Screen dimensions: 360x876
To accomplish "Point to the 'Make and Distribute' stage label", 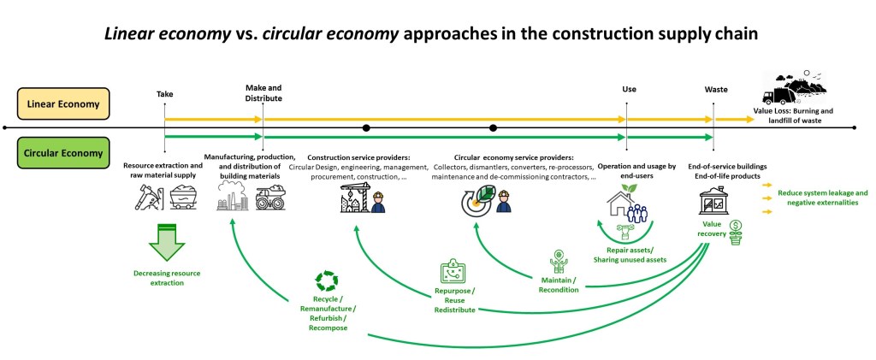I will (263, 92).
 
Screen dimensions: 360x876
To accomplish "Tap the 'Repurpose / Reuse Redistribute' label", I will (453, 299).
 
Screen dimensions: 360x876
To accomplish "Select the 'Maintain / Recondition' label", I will (559, 284).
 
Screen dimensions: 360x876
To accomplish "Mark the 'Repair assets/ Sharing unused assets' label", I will (629, 253).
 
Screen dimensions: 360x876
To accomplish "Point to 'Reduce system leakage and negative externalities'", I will (822, 198).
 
